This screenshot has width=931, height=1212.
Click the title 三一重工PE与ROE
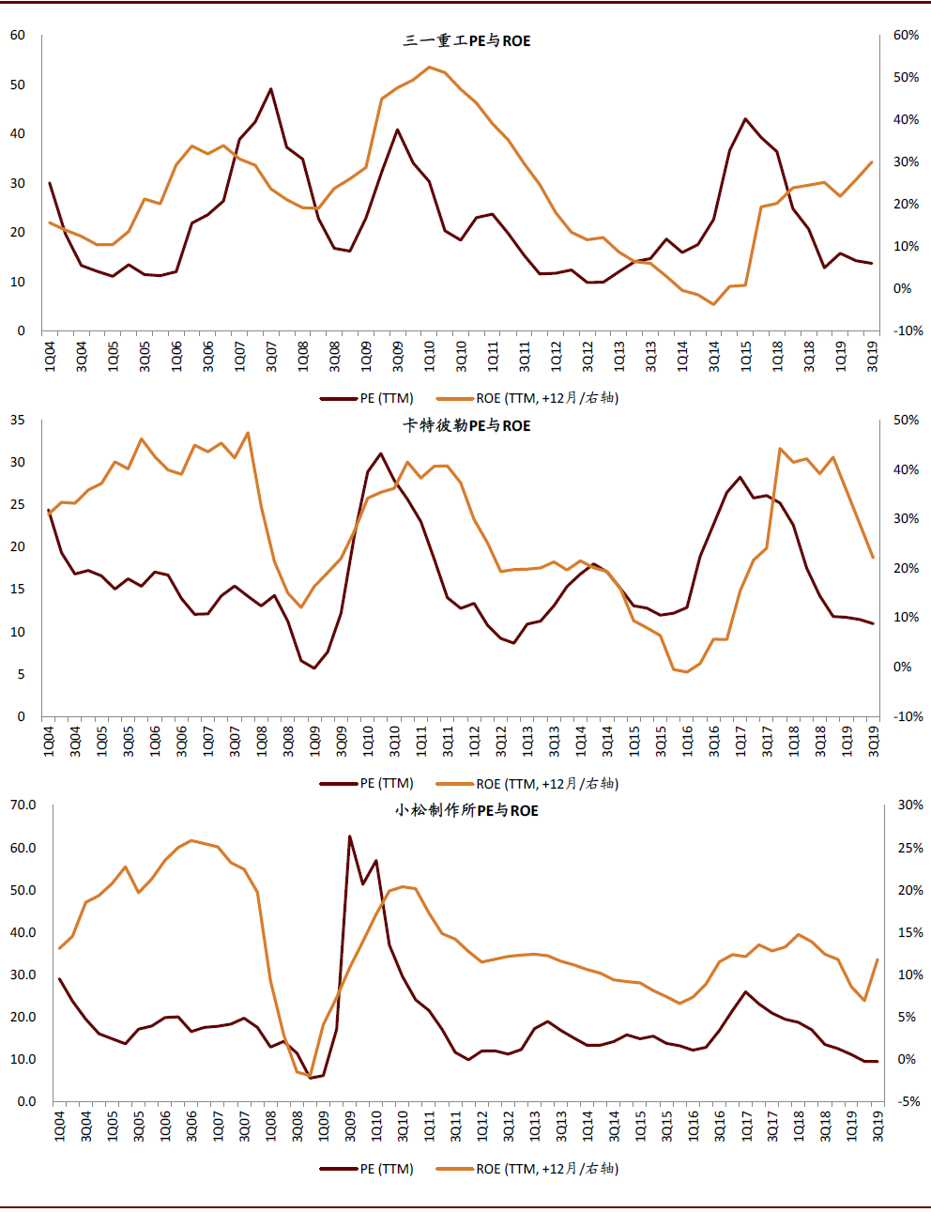tap(466, 41)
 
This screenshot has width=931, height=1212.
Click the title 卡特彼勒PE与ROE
tap(466, 426)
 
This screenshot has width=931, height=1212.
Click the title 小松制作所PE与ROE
tap(466, 811)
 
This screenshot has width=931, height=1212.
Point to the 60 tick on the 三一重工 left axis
tap(18, 36)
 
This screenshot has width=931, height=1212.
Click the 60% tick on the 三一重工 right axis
tap(906, 36)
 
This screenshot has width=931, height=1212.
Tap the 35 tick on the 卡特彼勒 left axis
tap(18, 421)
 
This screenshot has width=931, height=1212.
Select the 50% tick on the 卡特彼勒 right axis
tap(906, 421)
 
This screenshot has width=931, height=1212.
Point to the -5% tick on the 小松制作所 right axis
tap(909, 1102)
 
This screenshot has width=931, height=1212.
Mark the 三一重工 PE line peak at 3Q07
tap(271, 89)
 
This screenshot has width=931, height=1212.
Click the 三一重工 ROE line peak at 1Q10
tap(429, 67)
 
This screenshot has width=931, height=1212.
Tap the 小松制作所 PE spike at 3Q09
tap(350, 836)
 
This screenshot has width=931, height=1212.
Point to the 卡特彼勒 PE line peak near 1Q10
tap(381, 453)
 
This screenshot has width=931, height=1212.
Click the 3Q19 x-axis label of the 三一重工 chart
tap(873, 357)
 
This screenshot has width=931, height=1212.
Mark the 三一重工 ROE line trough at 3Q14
tap(714, 304)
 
